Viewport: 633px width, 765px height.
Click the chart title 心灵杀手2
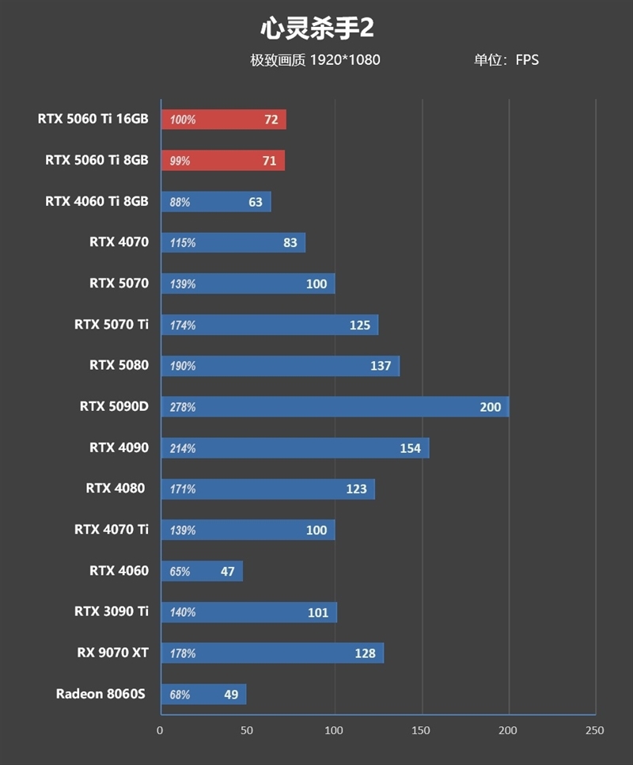316,29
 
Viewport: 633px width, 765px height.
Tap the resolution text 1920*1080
345,60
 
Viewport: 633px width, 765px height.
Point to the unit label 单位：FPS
506,60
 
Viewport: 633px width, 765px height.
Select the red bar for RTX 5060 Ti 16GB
224,120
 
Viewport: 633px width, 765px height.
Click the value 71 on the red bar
269,161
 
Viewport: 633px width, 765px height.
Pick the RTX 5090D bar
335,407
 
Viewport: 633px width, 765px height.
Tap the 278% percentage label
182,407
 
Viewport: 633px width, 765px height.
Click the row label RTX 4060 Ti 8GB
97,201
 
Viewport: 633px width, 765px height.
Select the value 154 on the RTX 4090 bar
410,448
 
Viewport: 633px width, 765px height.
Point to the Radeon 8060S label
101,694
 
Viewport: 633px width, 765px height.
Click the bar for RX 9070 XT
272,653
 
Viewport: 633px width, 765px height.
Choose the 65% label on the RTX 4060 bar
180,571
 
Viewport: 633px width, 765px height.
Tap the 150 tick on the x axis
422,730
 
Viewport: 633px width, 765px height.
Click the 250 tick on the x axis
594,730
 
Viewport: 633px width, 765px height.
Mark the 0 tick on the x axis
161,730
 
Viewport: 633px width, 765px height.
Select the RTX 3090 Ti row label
111,611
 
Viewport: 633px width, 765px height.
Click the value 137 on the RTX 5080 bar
381,366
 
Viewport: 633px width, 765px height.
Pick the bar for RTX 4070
233,242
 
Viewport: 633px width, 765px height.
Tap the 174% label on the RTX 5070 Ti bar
182,325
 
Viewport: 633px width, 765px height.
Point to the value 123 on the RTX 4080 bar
356,489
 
